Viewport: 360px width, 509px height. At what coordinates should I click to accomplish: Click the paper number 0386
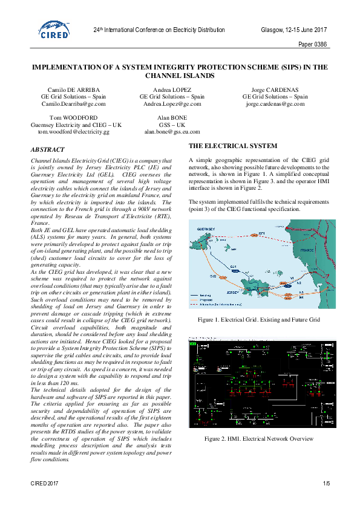(x=313, y=45)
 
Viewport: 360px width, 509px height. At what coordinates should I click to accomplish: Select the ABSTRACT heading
(x=47, y=149)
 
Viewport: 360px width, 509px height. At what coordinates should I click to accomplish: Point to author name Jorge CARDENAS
(x=275, y=89)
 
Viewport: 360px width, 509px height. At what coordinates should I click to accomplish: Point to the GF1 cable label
(x=261, y=233)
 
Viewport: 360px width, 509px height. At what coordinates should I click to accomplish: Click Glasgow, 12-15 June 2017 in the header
(x=294, y=29)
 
